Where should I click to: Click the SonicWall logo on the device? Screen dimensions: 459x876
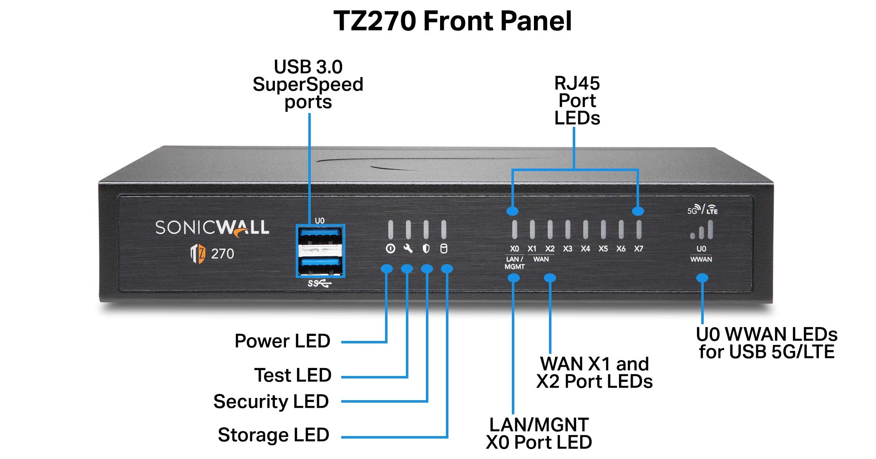point(212,228)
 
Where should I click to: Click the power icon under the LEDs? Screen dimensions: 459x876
point(390,249)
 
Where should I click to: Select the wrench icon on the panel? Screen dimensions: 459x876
point(408,249)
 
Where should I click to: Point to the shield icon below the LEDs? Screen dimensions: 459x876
point(426,249)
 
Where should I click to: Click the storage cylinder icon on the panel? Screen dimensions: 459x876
point(444,249)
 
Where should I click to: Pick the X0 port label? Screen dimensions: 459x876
point(514,249)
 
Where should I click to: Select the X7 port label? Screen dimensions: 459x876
point(638,249)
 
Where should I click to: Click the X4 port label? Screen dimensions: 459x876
point(585,249)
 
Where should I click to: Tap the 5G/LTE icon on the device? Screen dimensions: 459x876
point(702,209)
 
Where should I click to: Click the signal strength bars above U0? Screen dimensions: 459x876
point(702,230)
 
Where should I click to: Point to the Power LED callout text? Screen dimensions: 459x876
point(282,341)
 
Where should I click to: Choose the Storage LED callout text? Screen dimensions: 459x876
point(273,435)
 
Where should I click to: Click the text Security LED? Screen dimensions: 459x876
point(271,401)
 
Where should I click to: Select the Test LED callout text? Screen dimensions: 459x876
point(292,375)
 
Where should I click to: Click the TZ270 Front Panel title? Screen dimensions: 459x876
point(452,21)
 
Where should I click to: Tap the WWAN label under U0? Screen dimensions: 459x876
point(701,260)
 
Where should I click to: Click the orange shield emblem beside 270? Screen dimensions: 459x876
point(198,254)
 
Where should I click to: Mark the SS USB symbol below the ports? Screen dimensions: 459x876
point(319,284)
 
